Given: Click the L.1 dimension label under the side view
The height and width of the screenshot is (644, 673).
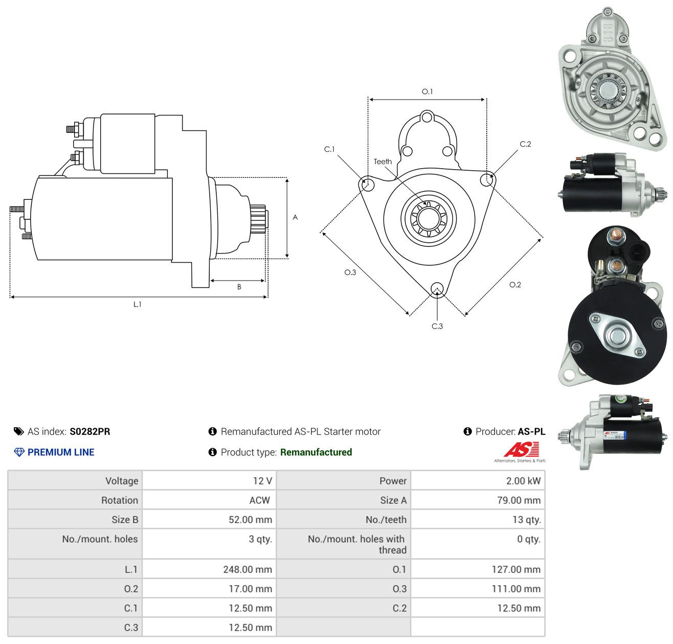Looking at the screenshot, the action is coord(137,304).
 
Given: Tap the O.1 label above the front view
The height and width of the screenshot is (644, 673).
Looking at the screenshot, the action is coord(427,91).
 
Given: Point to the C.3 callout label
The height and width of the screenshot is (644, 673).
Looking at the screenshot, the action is coord(437,326).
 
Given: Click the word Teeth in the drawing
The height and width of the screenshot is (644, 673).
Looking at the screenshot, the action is coord(383,162).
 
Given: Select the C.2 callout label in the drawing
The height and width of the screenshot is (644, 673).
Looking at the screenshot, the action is coord(525,144).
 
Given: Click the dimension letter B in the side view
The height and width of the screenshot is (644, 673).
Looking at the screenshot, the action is coord(239,287).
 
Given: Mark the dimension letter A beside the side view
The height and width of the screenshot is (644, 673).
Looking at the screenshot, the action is coord(295,217).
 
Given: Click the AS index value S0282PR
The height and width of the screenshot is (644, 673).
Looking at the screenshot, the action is coord(90,431).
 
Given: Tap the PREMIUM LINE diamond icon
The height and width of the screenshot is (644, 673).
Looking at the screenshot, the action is coord(19,452).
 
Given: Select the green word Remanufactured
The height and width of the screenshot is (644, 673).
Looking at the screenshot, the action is coord(316,452).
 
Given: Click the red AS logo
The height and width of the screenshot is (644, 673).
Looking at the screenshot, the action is coord(521,449).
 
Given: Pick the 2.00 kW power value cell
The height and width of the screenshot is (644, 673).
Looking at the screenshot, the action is coord(523,481).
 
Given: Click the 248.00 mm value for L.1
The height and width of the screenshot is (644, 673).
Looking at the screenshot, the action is coord(248,569).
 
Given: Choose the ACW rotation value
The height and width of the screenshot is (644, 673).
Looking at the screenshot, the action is coord(259,500).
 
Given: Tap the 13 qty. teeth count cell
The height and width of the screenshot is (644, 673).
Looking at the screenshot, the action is coord(526,520).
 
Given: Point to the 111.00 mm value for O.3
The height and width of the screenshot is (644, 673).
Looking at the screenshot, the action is coord(516,589).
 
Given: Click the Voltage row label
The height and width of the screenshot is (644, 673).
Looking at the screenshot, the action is coord(122,481).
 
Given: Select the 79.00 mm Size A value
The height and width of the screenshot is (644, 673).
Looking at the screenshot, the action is coord(519,500).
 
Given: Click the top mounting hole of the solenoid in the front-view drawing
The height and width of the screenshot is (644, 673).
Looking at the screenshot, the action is coord(428,117).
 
